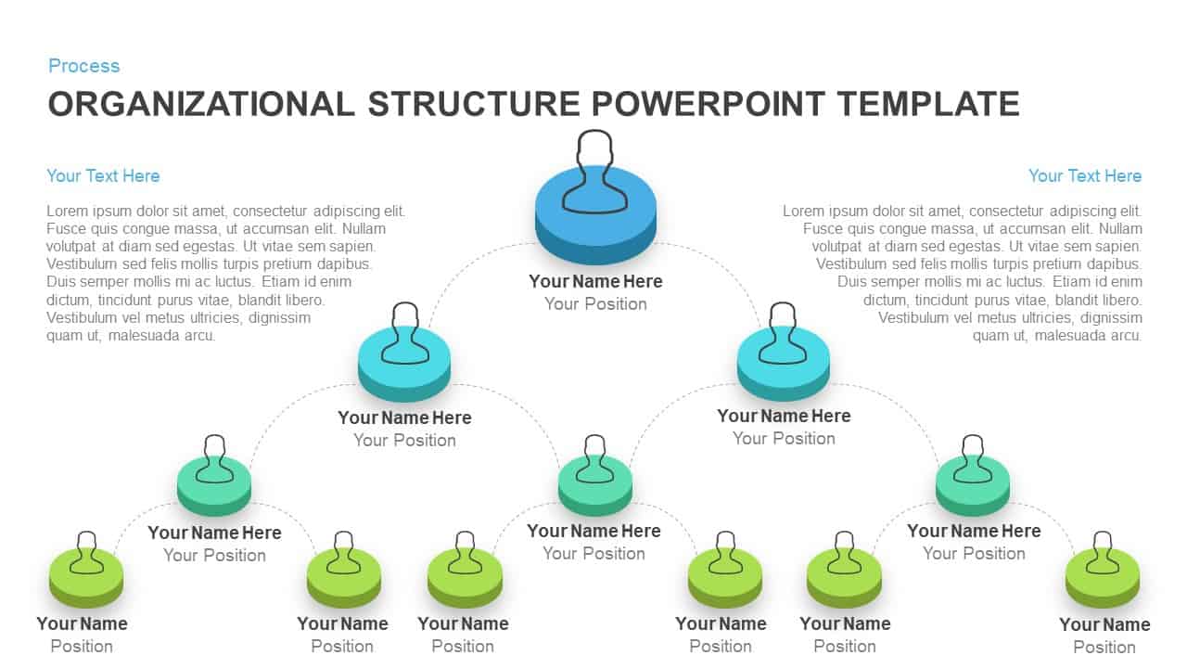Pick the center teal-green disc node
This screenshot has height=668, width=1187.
pyautogui.click(x=594, y=488)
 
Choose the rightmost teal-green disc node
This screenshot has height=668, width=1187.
pyautogui.click(x=973, y=488)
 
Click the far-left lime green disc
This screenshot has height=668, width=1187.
pyautogui.click(x=86, y=581)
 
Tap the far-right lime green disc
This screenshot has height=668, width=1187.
pyautogui.click(x=1102, y=581)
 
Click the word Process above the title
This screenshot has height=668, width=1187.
pyautogui.click(x=83, y=66)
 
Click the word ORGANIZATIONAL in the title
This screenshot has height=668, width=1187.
pyautogui.click(x=201, y=103)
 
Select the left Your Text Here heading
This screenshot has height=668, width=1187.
pyautogui.click(x=103, y=175)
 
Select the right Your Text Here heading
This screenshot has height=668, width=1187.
pyautogui.click(x=1084, y=175)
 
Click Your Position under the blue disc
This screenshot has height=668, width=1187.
pyautogui.click(x=595, y=304)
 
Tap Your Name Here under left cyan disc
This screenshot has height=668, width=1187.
pyautogui.click(x=404, y=417)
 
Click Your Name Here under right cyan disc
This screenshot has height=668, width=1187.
pyautogui.click(x=784, y=416)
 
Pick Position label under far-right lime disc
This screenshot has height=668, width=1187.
pyautogui.click(x=1104, y=647)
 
